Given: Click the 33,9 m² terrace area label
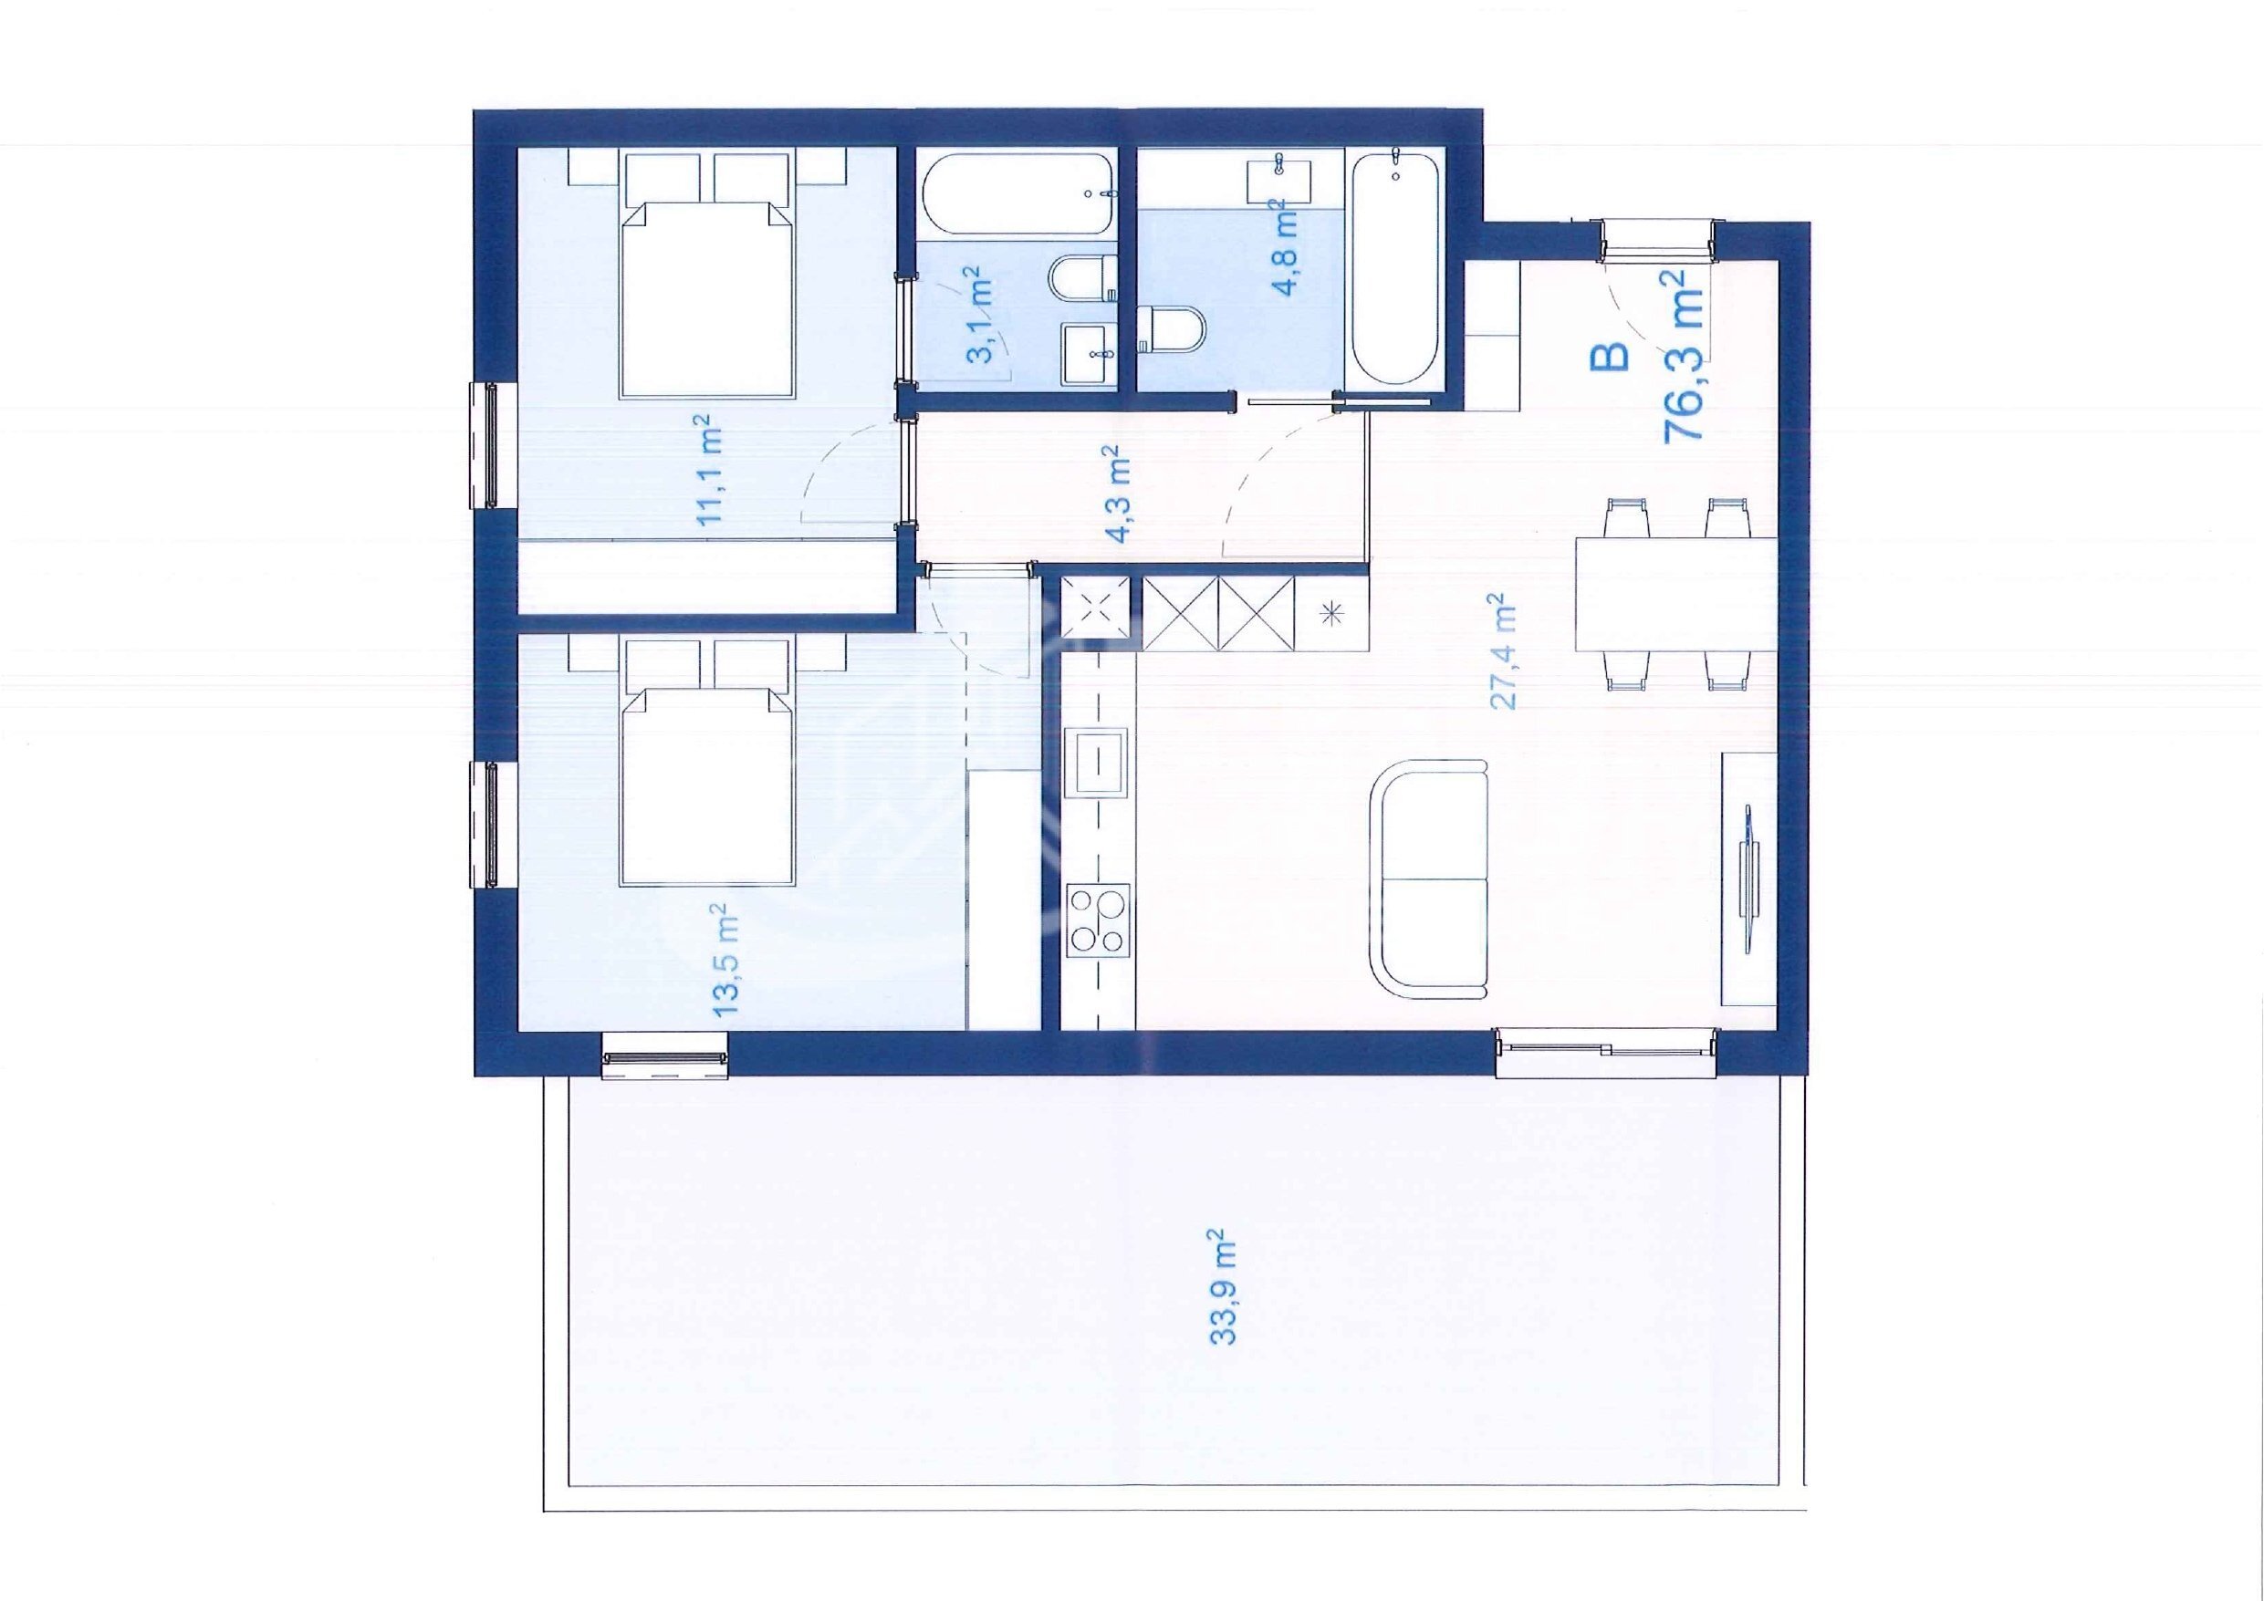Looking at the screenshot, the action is point(1224,1285).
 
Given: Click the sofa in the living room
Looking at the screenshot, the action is point(1429,879).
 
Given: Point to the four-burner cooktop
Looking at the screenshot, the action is point(1100,919).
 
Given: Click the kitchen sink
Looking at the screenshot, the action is point(1100,761).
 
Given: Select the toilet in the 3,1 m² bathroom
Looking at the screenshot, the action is point(1084,278).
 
